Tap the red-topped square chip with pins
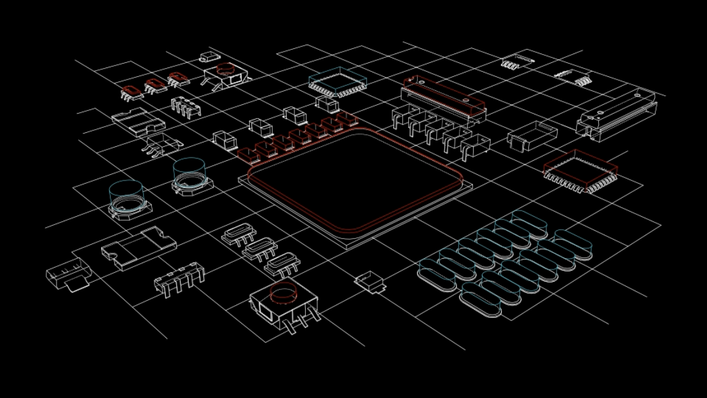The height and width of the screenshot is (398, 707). (x=580, y=170)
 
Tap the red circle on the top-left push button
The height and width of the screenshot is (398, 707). (x=225, y=69)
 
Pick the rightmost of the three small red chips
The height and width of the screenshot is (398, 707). (x=179, y=79)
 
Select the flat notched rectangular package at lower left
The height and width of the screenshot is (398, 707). (x=139, y=247)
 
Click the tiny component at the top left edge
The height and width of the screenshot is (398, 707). (x=210, y=57)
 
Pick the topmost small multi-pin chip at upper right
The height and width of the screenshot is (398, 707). (x=516, y=61)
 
